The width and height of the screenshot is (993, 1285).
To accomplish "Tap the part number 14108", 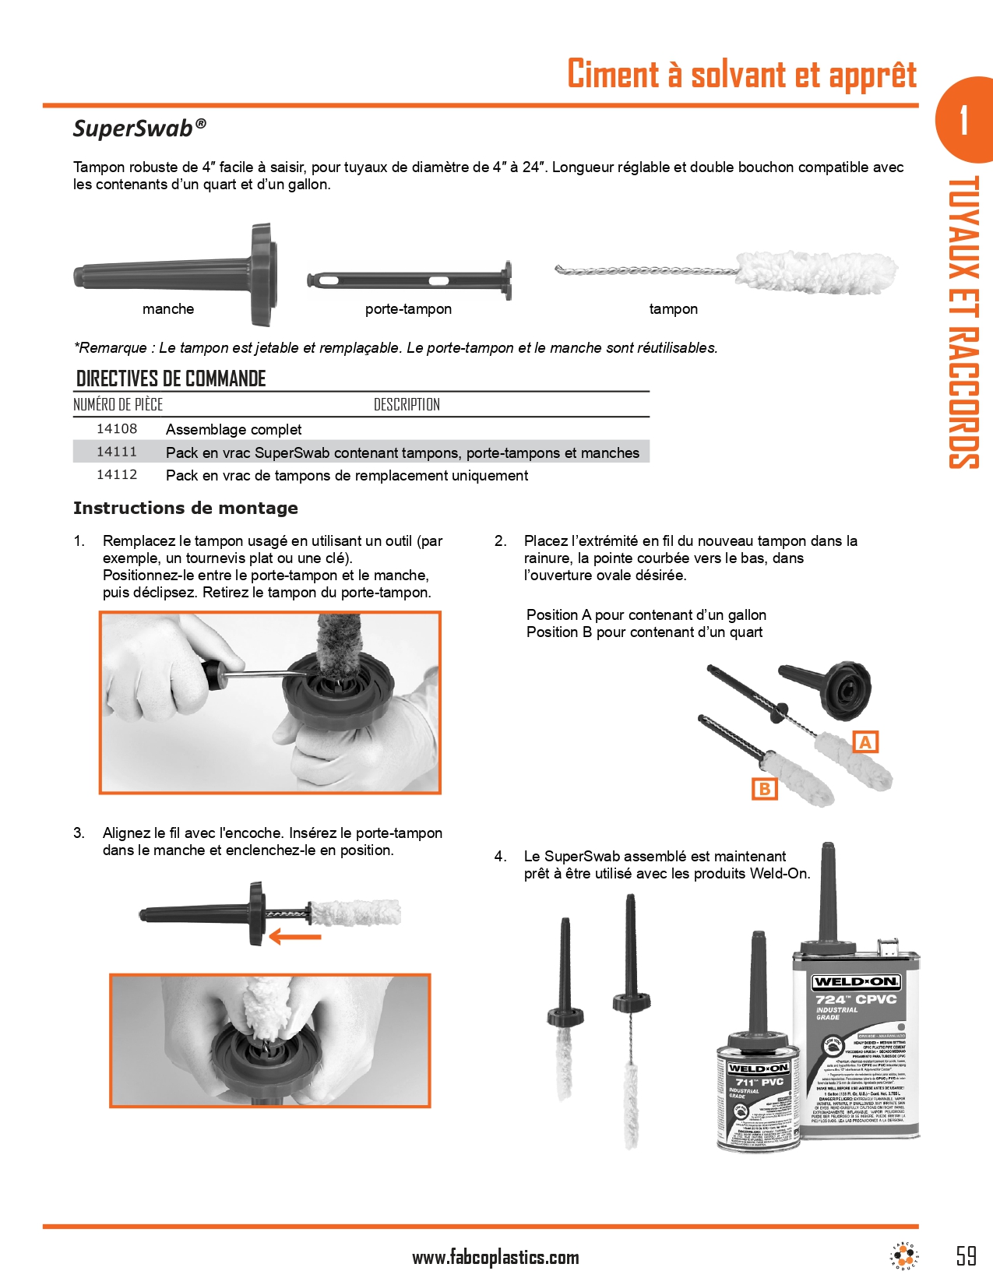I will pyautogui.click(x=117, y=429).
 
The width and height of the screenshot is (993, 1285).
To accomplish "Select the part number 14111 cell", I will pyautogui.click(x=117, y=452).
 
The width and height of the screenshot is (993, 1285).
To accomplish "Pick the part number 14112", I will pyautogui.click(x=117, y=475).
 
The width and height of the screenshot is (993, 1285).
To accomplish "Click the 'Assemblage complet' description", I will pyautogui.click(x=234, y=430).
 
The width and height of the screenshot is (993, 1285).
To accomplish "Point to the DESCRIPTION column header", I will pyautogui.click(x=407, y=405).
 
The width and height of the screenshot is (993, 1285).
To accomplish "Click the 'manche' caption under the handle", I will pyautogui.click(x=168, y=309).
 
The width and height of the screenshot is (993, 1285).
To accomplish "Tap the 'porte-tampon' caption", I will pyautogui.click(x=408, y=309).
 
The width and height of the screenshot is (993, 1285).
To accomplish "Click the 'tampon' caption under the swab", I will pyautogui.click(x=673, y=309).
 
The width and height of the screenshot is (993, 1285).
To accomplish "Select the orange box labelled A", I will pyautogui.click(x=865, y=742).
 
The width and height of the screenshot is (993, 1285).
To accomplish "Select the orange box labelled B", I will pyautogui.click(x=764, y=789).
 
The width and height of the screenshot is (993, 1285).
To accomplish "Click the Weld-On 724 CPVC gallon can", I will pyautogui.click(x=857, y=1044).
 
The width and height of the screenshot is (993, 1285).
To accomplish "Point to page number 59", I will pyautogui.click(x=966, y=1255).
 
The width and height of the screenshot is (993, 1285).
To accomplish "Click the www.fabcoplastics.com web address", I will pyautogui.click(x=495, y=1257).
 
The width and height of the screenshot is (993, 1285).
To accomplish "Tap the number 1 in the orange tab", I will pyautogui.click(x=964, y=121).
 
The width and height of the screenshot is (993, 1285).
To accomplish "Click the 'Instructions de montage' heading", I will pyautogui.click(x=185, y=509).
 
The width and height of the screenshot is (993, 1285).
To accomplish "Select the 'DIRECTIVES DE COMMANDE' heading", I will pyautogui.click(x=171, y=379).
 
